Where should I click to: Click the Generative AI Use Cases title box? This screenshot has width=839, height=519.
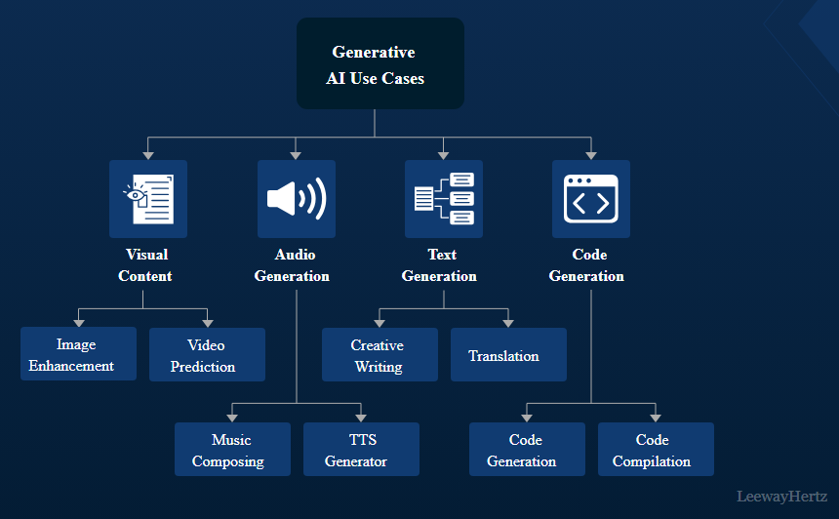380,64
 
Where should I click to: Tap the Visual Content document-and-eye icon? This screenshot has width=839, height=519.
147,199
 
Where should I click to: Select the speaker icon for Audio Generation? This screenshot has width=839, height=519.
296,199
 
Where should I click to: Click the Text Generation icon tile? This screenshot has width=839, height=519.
443,199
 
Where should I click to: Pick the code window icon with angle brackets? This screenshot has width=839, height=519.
590,199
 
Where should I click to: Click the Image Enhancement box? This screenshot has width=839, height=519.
78,354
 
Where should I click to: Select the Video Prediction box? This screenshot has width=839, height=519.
207,355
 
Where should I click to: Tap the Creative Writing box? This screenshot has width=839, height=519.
380,355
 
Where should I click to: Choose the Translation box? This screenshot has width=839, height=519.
508,355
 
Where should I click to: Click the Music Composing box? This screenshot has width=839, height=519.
232,450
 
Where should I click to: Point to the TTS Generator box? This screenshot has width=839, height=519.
361,450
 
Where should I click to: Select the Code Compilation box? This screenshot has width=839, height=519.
656,450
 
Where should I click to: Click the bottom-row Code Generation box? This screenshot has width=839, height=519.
527,450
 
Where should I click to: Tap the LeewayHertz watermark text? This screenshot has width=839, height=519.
783,497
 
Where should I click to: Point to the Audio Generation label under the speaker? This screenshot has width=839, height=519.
293,265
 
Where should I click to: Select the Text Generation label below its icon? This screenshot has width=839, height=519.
440,265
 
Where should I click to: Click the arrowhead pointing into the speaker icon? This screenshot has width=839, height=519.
296,154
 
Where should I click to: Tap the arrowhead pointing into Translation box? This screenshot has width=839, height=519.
507,323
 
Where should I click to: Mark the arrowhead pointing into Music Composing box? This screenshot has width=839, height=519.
232,418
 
